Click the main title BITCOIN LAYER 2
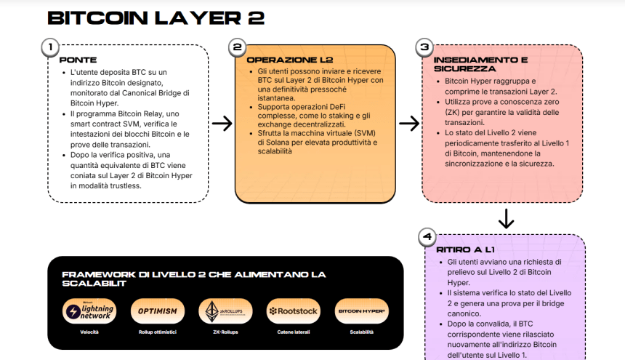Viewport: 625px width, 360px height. [156, 18]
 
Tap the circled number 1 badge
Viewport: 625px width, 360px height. [50, 47]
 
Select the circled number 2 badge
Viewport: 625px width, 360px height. [237, 47]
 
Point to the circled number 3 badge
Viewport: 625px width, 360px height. [424, 47]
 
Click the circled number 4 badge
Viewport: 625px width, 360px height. [427, 237]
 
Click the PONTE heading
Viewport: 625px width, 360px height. [78, 60]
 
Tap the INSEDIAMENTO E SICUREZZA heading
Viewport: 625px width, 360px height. [480, 64]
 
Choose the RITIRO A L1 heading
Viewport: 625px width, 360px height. [466, 249]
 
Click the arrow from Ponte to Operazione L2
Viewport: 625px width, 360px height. [222, 123]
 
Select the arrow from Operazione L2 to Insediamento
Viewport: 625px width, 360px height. [409, 123]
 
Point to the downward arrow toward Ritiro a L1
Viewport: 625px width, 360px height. [507, 218]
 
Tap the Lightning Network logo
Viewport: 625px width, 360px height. [89, 311]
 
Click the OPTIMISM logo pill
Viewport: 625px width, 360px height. [158, 311]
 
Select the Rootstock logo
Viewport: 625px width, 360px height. [294, 311]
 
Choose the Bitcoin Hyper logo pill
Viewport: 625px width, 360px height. [361, 311]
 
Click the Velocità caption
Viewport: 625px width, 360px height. [89, 332]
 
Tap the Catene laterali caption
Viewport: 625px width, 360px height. [294, 332]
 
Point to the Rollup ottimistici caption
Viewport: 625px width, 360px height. [158, 332]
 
